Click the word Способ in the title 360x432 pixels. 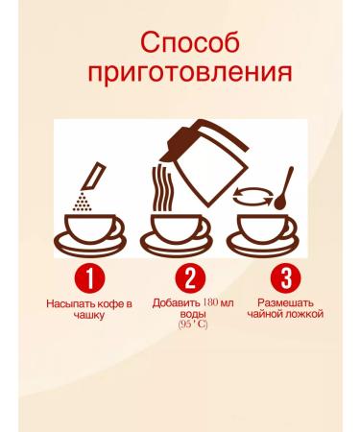(x=180, y=43)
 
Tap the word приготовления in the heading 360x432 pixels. (x=180, y=74)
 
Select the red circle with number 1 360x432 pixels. (x=89, y=279)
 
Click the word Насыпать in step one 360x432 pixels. (x=67, y=303)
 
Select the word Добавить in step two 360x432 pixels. (x=173, y=303)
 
